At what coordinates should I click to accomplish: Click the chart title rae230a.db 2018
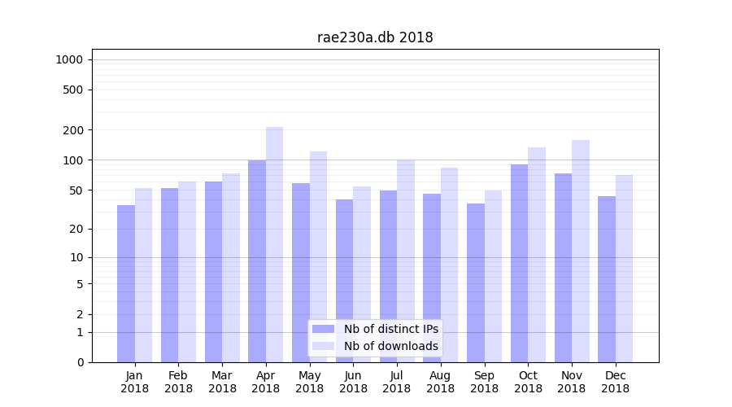click(375, 37)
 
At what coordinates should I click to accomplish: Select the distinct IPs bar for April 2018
click(257, 260)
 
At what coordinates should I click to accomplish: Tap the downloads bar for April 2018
click(275, 244)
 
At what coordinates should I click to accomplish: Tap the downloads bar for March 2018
click(231, 268)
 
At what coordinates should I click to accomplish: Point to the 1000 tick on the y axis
click(69, 59)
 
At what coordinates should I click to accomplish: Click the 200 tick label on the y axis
click(74, 130)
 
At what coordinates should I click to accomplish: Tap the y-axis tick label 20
click(77, 229)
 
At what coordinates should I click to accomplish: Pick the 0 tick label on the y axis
click(81, 362)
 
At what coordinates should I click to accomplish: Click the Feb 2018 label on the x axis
click(178, 382)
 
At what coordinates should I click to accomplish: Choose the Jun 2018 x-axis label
click(353, 382)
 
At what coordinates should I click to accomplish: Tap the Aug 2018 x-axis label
click(440, 382)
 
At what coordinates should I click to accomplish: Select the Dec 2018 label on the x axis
click(615, 382)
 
